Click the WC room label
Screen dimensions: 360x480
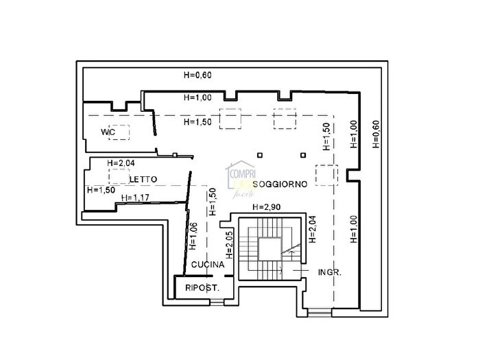[x=106, y=132]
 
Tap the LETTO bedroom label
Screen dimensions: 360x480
[x=143, y=179]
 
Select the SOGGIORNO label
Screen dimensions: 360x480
[x=278, y=184]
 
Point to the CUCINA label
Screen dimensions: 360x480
[x=208, y=265]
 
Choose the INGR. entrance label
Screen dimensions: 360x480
[x=331, y=272]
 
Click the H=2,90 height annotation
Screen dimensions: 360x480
[x=266, y=207]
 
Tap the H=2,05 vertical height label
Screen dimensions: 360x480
[x=230, y=244]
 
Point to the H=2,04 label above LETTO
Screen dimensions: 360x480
[x=122, y=163]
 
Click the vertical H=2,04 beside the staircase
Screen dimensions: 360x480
[x=312, y=231]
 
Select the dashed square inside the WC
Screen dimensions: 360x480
[x=121, y=132]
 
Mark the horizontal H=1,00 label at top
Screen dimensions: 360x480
[x=197, y=97]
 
